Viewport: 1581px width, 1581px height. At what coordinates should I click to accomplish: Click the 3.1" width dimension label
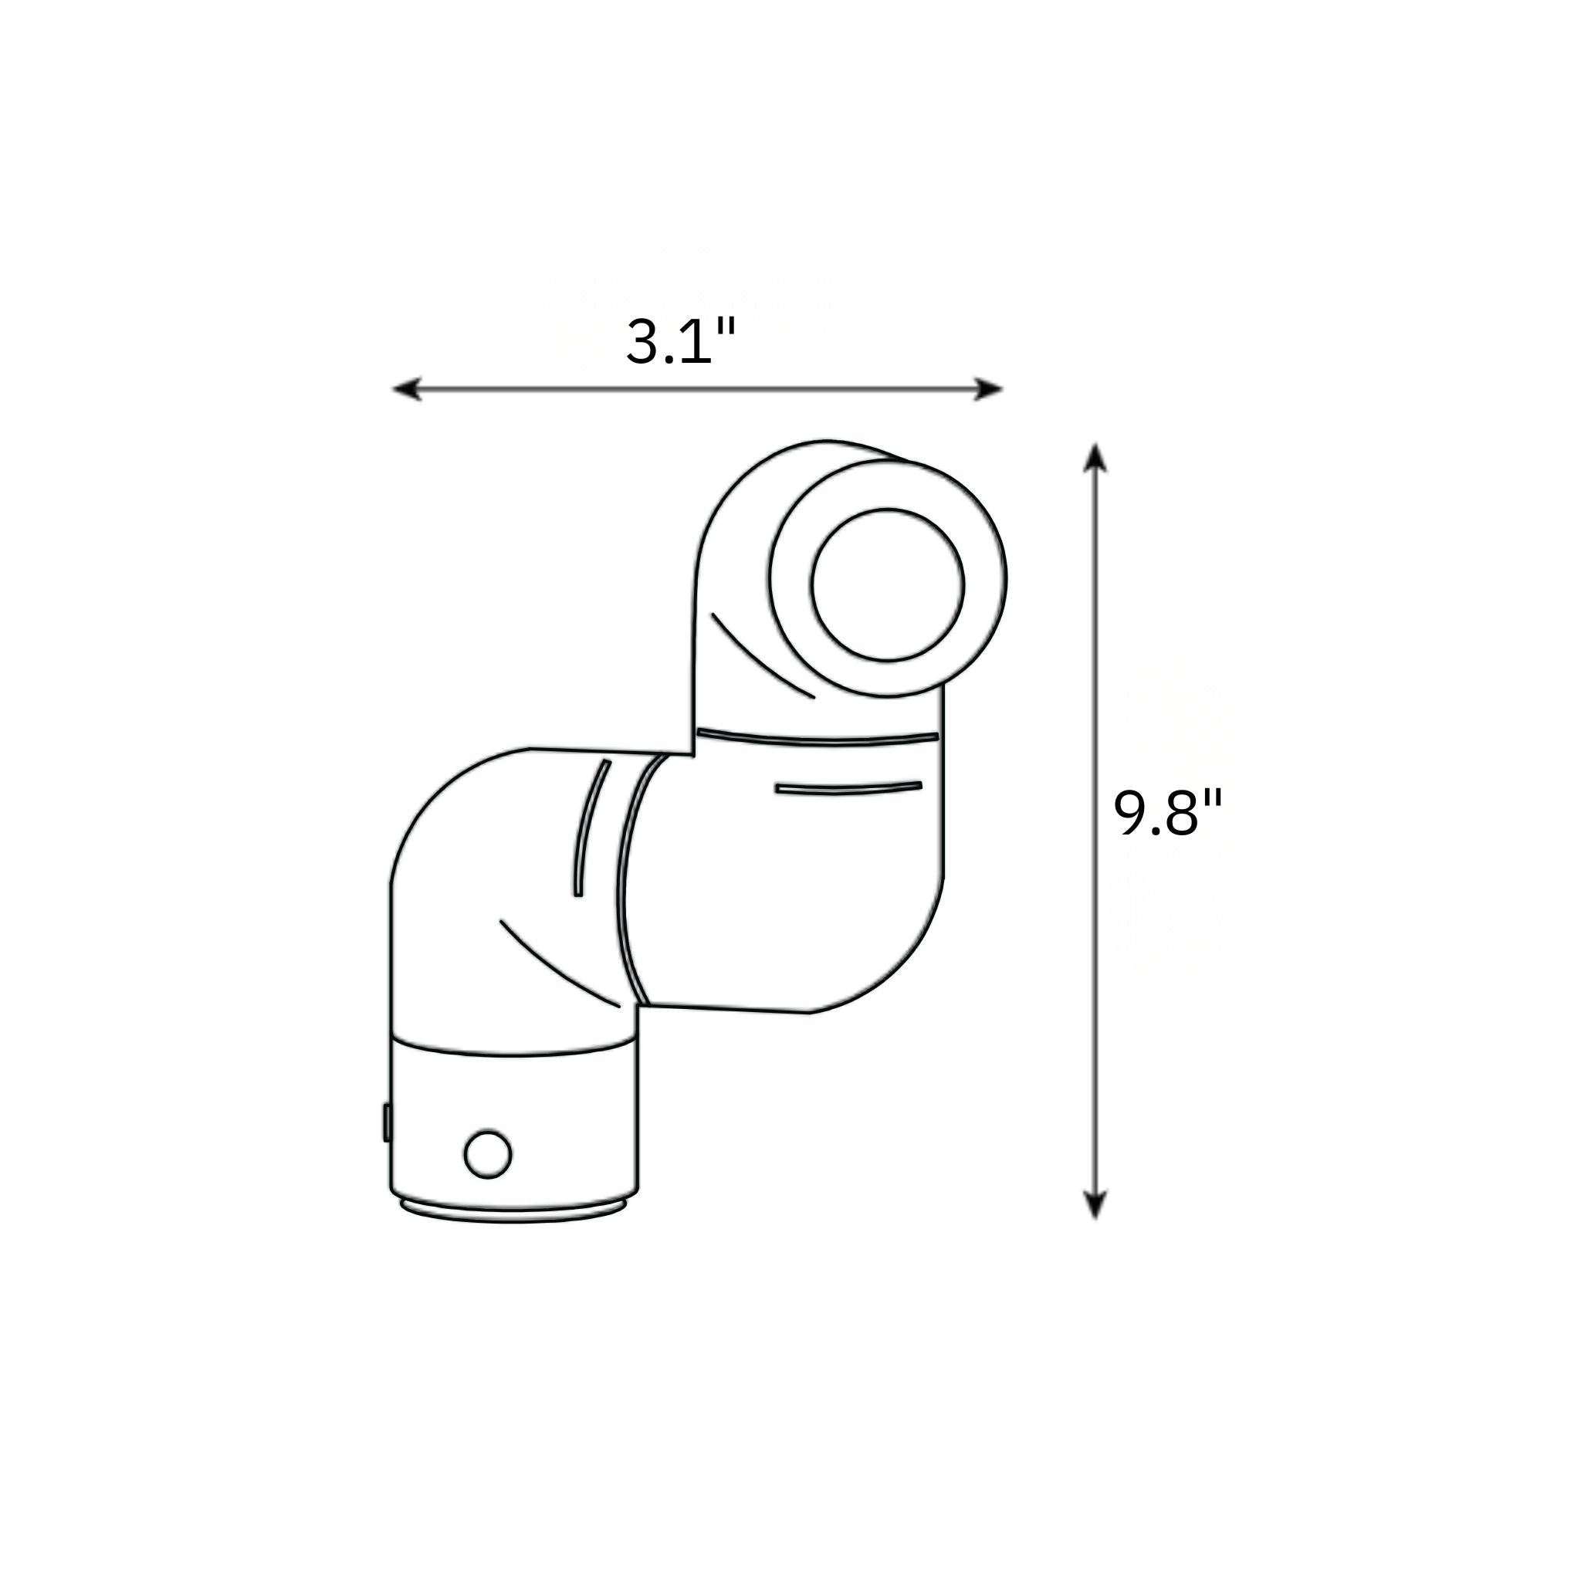click(681, 341)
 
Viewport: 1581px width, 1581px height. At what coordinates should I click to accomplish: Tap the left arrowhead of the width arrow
click(407, 389)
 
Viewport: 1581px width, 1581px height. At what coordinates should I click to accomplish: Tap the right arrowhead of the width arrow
click(989, 389)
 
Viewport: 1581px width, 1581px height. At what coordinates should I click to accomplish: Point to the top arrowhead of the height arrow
click(1095, 458)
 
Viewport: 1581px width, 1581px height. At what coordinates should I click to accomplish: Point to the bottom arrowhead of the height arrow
click(1095, 1205)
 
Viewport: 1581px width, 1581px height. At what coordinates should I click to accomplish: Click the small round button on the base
click(488, 1154)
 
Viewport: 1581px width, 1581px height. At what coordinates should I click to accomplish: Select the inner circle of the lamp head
click(888, 584)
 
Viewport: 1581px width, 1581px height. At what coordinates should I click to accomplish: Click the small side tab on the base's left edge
click(386, 1122)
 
